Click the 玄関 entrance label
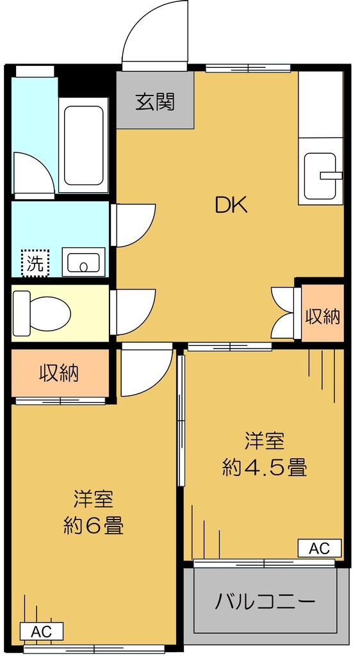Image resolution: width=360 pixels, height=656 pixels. coord(155,102)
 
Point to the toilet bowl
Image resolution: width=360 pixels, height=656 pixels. coord(42,312)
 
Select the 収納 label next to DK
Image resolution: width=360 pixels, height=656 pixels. coord(322,316)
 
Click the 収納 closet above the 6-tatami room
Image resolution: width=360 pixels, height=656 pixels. coord(60,373)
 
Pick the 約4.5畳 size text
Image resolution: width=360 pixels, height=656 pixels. coord(265,468)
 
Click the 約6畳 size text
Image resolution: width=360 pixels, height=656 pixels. coord(94,525)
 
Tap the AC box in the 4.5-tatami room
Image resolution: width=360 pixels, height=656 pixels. coord(319,548)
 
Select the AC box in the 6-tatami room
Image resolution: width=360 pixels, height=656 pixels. coord(42,631)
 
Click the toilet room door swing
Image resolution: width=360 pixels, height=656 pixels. coord(133,311)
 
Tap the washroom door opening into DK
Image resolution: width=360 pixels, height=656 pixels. coord(133,224)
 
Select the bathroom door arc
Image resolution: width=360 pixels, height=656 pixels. coord(32,173)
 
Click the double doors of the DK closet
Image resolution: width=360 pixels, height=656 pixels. coord(283,312)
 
